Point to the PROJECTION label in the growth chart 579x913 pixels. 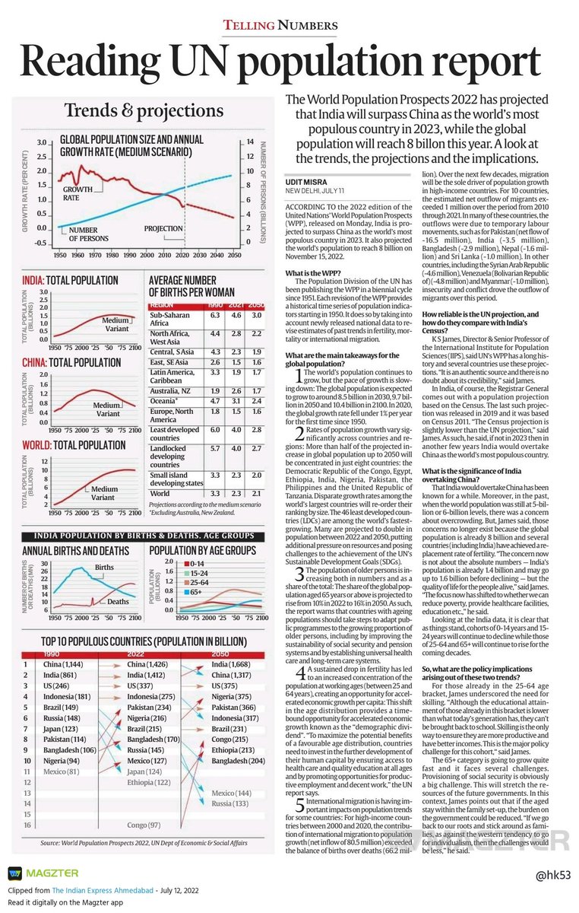tap(163, 228)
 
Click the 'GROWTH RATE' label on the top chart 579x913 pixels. tap(78, 192)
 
